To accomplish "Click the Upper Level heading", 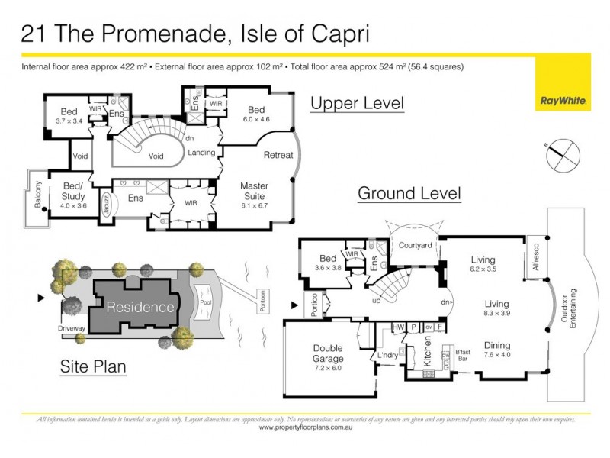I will tap(356, 103).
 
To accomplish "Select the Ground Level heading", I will tap(409, 193).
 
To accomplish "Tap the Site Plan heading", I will tap(93, 367).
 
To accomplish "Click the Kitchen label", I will tap(427, 357).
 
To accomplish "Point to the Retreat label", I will tap(278, 155).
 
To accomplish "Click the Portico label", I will tap(310, 304).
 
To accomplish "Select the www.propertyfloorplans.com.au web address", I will tap(305, 427).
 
